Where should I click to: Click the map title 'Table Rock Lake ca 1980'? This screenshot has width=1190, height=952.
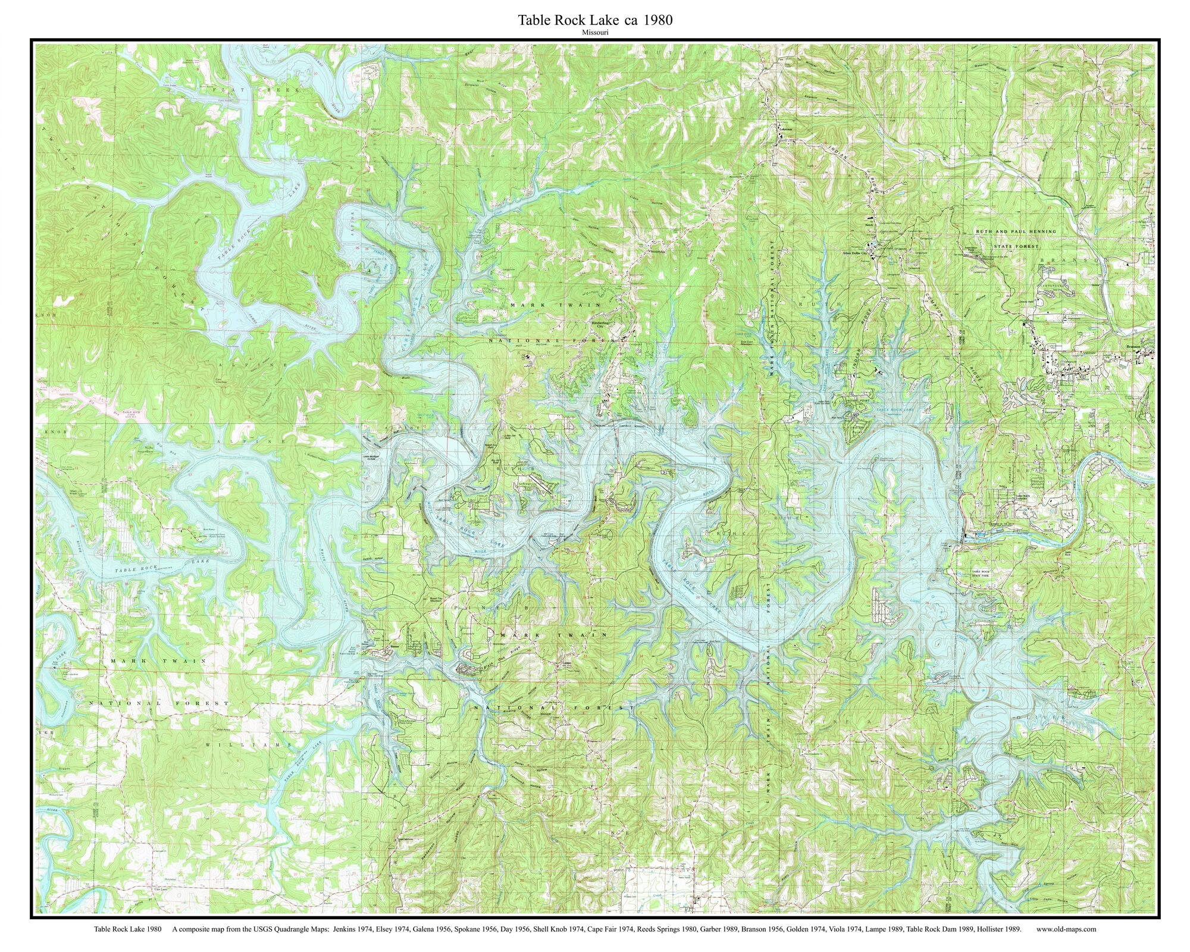click(595, 20)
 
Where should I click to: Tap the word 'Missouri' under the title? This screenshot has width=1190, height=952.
click(596, 33)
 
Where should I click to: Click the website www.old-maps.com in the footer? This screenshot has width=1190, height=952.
click(1066, 928)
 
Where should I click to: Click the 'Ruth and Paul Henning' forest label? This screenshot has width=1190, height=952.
click(1015, 231)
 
